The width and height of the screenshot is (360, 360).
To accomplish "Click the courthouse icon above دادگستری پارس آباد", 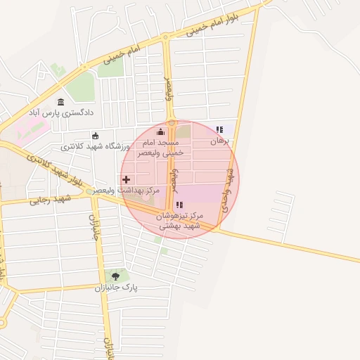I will (x=61, y=102).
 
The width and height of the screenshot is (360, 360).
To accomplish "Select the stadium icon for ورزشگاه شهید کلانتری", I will (x=96, y=136).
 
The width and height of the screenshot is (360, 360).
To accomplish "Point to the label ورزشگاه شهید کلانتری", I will (x=95, y=146).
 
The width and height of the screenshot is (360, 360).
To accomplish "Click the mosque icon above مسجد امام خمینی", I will (x=160, y=131).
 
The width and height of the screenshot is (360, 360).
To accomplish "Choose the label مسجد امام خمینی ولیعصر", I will (x=163, y=147).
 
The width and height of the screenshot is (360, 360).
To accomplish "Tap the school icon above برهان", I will (x=219, y=129).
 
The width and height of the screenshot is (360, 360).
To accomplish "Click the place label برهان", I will (x=220, y=141).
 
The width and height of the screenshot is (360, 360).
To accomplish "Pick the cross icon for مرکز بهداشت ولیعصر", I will (x=127, y=179).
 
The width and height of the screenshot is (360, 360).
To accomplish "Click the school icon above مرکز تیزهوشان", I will (x=179, y=205).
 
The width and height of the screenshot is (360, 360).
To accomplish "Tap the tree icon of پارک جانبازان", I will (x=115, y=276).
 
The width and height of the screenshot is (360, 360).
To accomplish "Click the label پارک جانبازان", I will (x=116, y=288).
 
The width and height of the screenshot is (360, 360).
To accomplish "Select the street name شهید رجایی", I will (x=47, y=200).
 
